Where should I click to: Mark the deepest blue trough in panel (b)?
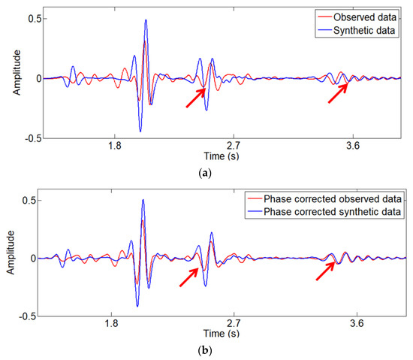pyautogui.click(x=137, y=305)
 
